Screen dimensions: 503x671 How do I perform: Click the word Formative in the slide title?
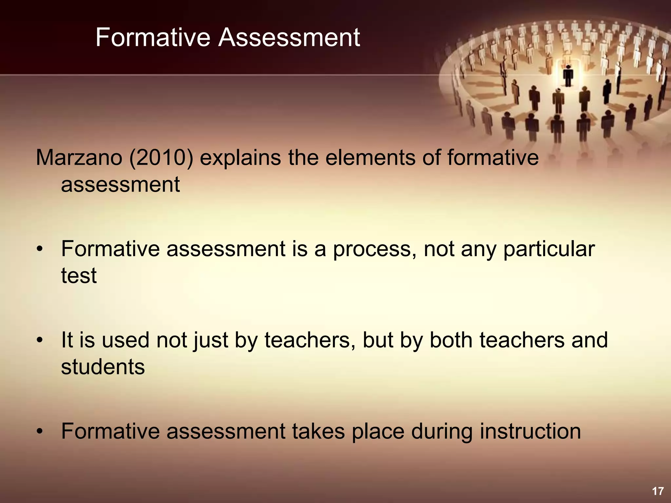pos(153,38)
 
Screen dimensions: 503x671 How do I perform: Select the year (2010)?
pos(161,158)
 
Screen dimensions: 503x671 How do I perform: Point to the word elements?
pos(370,158)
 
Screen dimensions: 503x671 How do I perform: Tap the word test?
pos(79,276)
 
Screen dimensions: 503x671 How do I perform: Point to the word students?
pos(103,367)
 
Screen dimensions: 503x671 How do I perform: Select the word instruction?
pos(530,432)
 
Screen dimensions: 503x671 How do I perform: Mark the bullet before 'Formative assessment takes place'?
pos(40,432)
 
